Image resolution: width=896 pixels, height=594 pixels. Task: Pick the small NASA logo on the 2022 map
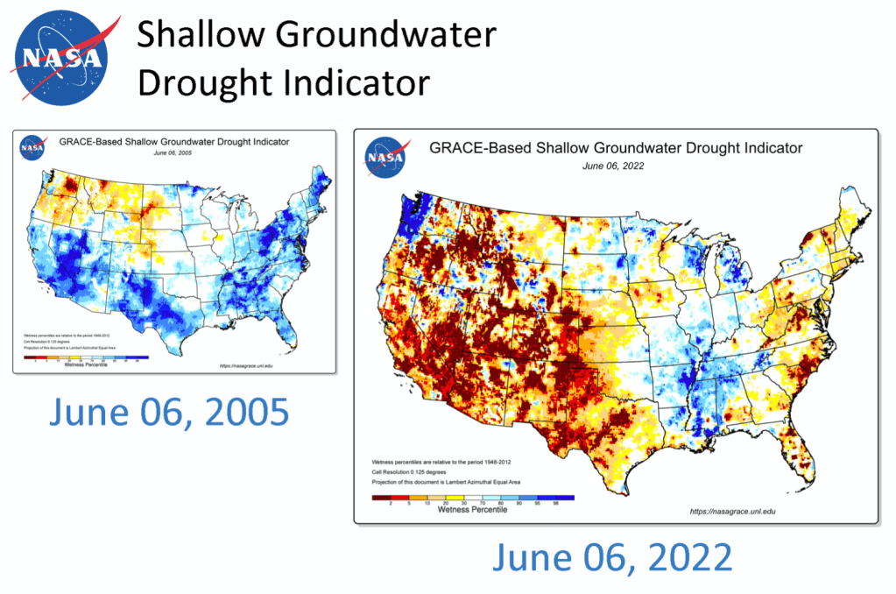click(x=386, y=157)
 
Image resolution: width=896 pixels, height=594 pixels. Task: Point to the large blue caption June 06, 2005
click(x=168, y=412)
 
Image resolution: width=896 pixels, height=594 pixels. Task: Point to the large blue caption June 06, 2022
click(x=611, y=557)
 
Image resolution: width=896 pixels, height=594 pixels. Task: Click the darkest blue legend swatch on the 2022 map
click(x=564, y=497)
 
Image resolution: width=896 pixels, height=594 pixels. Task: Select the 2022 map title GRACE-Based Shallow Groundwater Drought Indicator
click(x=616, y=148)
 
